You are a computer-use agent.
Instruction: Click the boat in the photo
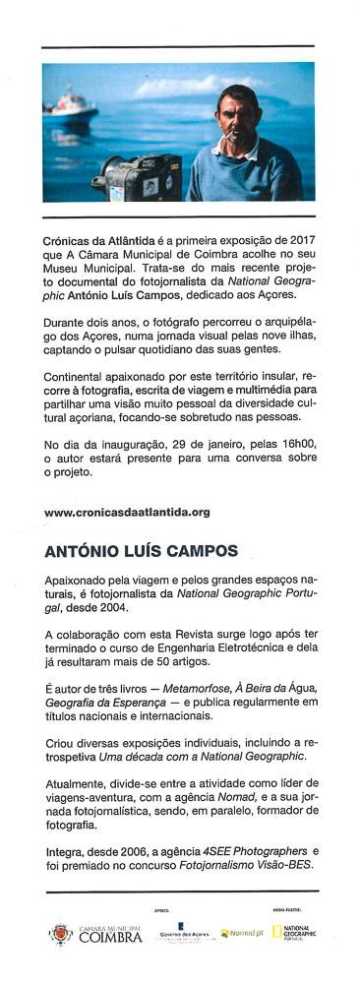pyautogui.click(x=74, y=102)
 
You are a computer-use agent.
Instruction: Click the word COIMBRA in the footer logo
pyautogui.click(x=110, y=938)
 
